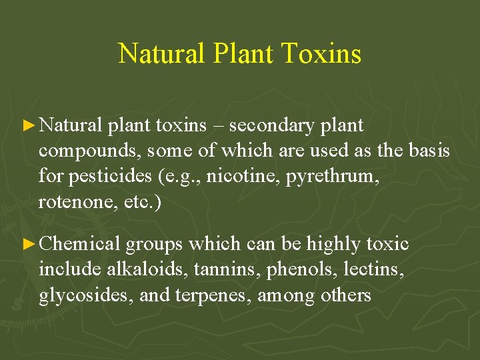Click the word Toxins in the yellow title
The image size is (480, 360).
coord(322,53)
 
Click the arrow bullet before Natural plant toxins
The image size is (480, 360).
coord(27,125)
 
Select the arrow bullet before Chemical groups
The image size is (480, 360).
coord(27,244)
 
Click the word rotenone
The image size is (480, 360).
coord(70,202)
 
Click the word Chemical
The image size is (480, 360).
coord(80,244)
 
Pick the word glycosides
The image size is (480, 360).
coord(86,295)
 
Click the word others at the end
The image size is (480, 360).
coord(345,295)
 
